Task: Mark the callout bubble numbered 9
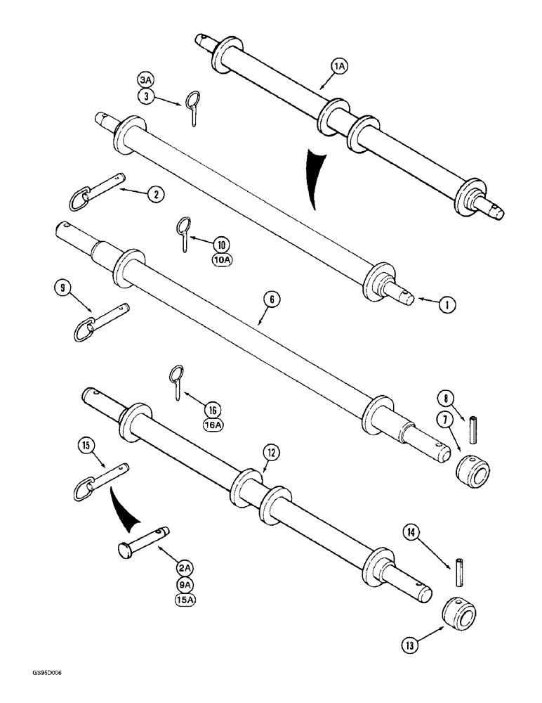click(62, 287)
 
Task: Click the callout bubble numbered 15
click(86, 445)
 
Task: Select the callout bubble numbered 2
click(152, 196)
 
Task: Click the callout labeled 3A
click(145, 82)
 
